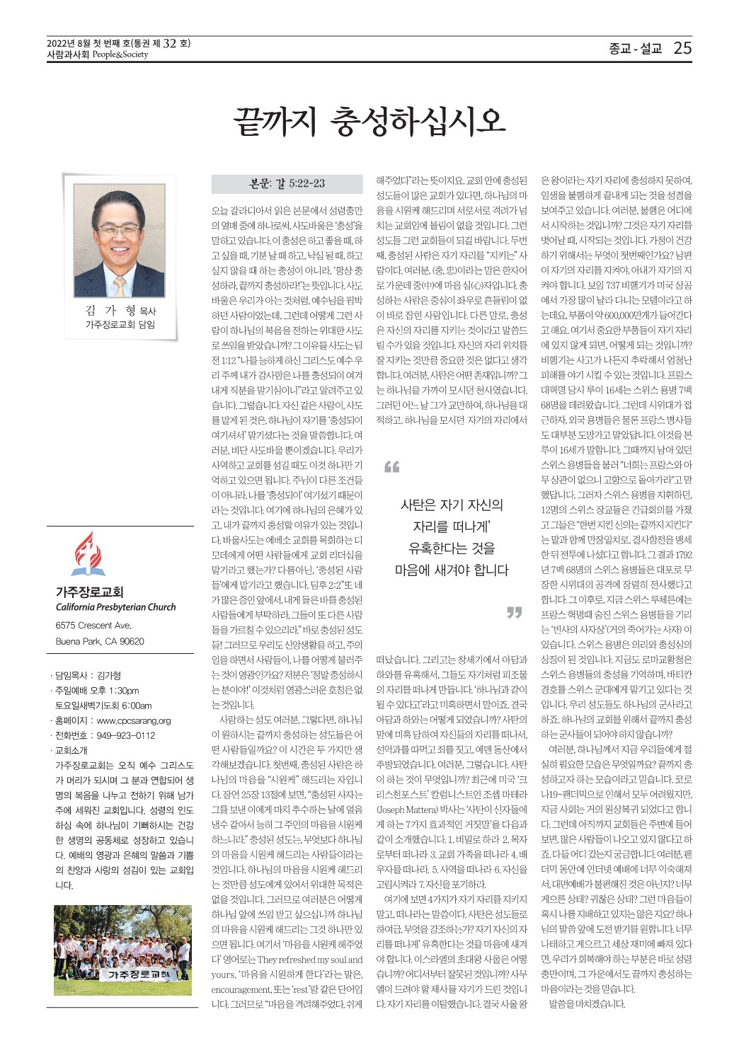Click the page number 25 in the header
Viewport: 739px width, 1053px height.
click(x=682, y=48)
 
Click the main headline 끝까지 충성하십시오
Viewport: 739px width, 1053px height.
click(x=369, y=122)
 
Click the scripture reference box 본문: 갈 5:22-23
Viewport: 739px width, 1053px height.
click(x=287, y=184)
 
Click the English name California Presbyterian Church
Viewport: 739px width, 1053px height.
click(x=115, y=607)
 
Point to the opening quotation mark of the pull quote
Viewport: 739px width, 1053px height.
click(x=391, y=467)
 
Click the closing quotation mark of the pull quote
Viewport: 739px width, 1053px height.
click(x=514, y=612)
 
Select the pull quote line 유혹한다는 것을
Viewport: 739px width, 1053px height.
click(x=452, y=548)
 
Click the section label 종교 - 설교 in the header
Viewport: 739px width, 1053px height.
click(x=634, y=49)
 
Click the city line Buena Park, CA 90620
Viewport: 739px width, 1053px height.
click(x=100, y=641)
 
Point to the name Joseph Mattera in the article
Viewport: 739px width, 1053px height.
click(x=402, y=809)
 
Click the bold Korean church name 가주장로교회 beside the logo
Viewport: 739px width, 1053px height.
click(x=89, y=592)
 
